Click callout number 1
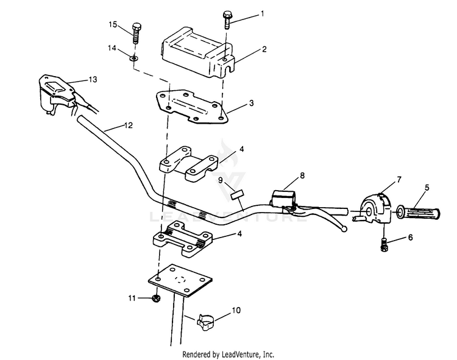point(263,13)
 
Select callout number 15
point(113,24)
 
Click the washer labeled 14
point(133,58)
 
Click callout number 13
point(93,79)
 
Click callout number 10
point(236,311)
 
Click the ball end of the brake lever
point(345,229)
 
